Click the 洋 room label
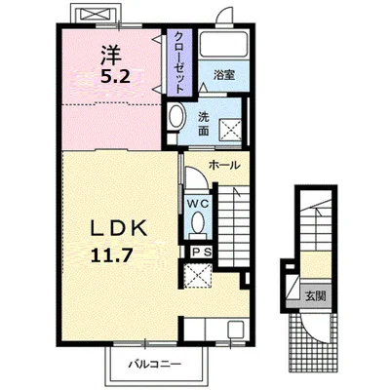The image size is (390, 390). (x=111, y=55)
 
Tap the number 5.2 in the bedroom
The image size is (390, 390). (x=115, y=77)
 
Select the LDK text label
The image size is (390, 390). (x=119, y=230)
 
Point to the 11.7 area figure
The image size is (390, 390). (x=111, y=255)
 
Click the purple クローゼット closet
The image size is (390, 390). (x=179, y=62)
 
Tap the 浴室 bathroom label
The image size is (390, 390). (x=224, y=75)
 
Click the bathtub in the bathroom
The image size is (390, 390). (x=223, y=44)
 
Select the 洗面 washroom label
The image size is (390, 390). (x=204, y=124)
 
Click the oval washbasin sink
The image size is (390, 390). (x=177, y=116)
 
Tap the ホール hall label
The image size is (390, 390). (x=224, y=166)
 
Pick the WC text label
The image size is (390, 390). (x=197, y=204)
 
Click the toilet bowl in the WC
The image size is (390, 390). (x=197, y=223)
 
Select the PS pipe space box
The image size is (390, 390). (x=201, y=252)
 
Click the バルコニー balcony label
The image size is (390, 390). (x=154, y=364)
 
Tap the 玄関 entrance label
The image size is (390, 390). (x=315, y=295)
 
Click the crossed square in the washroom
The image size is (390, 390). (x=231, y=131)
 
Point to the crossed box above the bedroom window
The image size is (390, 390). (x=95, y=14)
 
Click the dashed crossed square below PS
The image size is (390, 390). (x=198, y=276)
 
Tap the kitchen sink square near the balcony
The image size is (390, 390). (x=236, y=330)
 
